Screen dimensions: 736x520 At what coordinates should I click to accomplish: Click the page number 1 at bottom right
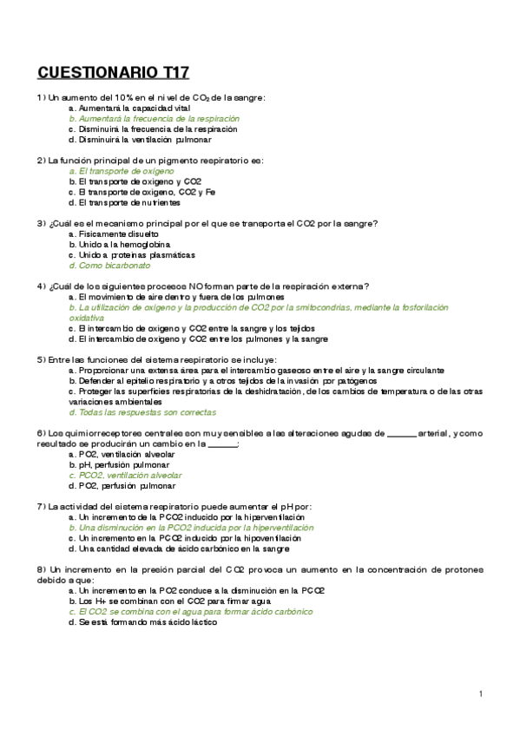coord(480,693)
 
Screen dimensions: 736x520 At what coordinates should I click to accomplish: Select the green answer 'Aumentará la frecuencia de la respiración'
coord(160,118)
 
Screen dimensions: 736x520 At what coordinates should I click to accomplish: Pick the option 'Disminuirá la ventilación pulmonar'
coord(145,139)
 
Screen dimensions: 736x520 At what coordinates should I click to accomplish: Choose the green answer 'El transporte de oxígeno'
coord(127,171)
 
